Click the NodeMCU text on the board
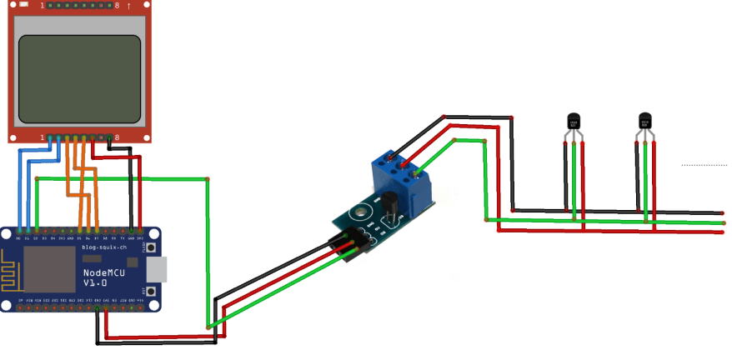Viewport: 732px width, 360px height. (x=104, y=273)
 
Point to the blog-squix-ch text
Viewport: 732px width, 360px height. (x=104, y=248)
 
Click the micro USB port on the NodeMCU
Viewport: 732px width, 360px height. (x=156, y=269)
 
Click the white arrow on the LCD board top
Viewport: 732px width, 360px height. (x=129, y=6)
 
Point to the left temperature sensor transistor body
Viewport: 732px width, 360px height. (x=573, y=122)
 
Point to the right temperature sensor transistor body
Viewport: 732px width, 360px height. (x=644, y=122)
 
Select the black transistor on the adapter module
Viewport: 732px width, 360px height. (x=389, y=203)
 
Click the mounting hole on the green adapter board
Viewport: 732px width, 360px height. (x=360, y=211)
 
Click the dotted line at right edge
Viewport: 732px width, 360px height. (x=704, y=165)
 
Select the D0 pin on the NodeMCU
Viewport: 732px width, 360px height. (x=19, y=230)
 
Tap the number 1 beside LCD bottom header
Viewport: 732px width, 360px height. (x=43, y=137)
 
